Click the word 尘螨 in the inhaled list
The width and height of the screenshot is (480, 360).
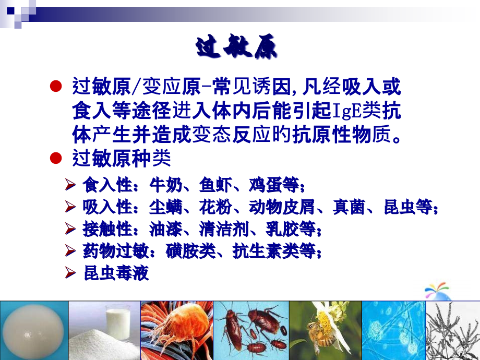165,207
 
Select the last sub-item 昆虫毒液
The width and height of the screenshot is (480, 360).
116,273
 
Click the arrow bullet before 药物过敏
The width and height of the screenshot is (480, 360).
73,251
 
